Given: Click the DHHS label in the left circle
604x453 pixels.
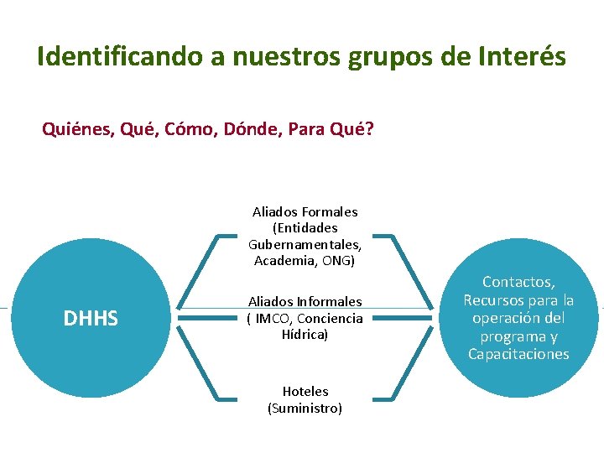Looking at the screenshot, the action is tap(91, 319).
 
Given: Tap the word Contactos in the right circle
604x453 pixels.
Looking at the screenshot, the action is tap(518, 283).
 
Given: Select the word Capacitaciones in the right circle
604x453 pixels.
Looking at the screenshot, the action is tap(518, 354).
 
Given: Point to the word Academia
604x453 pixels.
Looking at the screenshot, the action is tap(283, 261).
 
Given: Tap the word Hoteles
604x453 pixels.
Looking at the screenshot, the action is tap(305, 391).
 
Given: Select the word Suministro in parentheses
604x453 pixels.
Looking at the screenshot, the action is tap(305, 408).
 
